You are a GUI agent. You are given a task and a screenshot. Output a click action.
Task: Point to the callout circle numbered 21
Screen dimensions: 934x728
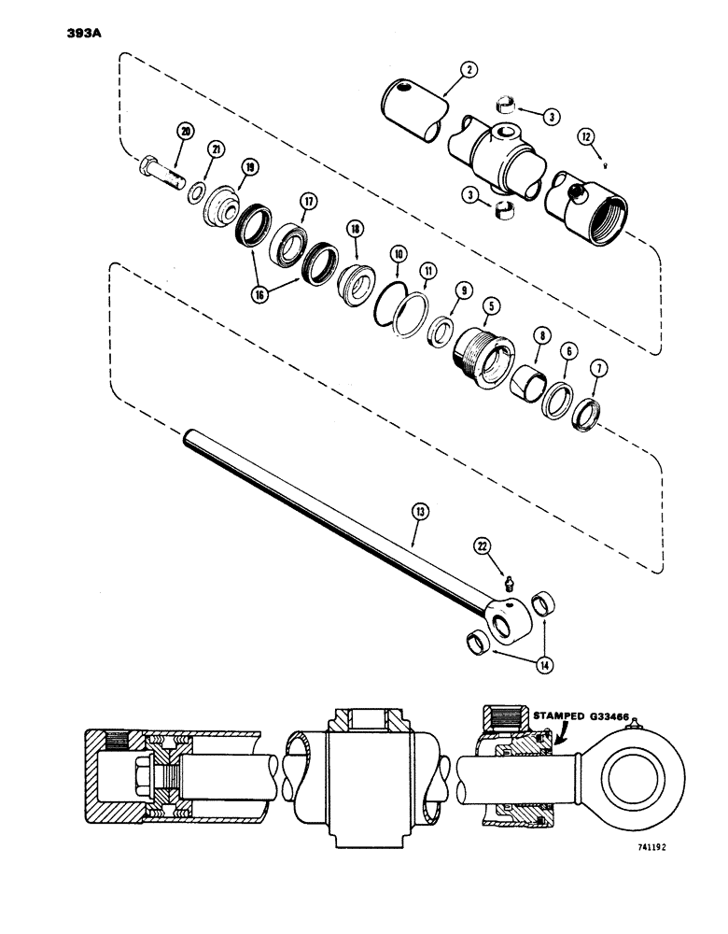(216, 149)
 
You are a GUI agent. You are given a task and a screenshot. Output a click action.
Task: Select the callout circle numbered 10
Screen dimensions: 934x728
(398, 253)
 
